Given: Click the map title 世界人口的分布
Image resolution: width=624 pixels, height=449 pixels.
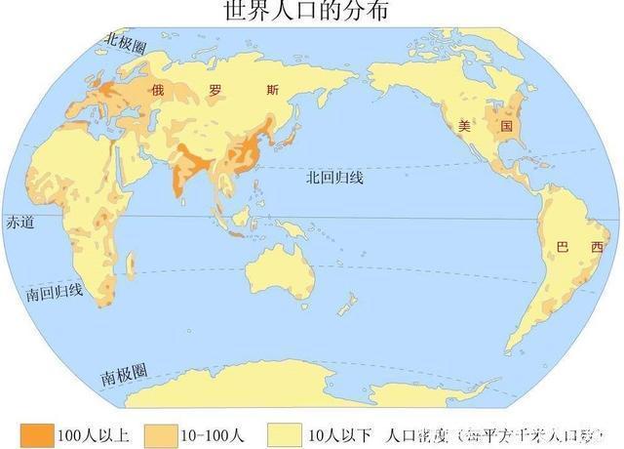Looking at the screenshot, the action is (311, 11).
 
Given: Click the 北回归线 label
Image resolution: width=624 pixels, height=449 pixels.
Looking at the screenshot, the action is (333, 177).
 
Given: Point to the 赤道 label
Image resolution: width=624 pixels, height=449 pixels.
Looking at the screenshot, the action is (19, 223).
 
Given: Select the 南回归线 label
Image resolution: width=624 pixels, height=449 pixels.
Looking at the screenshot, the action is (55, 292).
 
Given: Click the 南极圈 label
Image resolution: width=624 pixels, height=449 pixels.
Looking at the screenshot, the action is (124, 372).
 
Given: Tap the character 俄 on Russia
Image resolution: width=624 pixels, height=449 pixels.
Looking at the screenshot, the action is (159, 90).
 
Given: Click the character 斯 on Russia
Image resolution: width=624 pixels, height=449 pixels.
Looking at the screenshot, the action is (272, 90).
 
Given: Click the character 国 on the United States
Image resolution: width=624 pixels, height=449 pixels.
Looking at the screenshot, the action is (506, 127).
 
